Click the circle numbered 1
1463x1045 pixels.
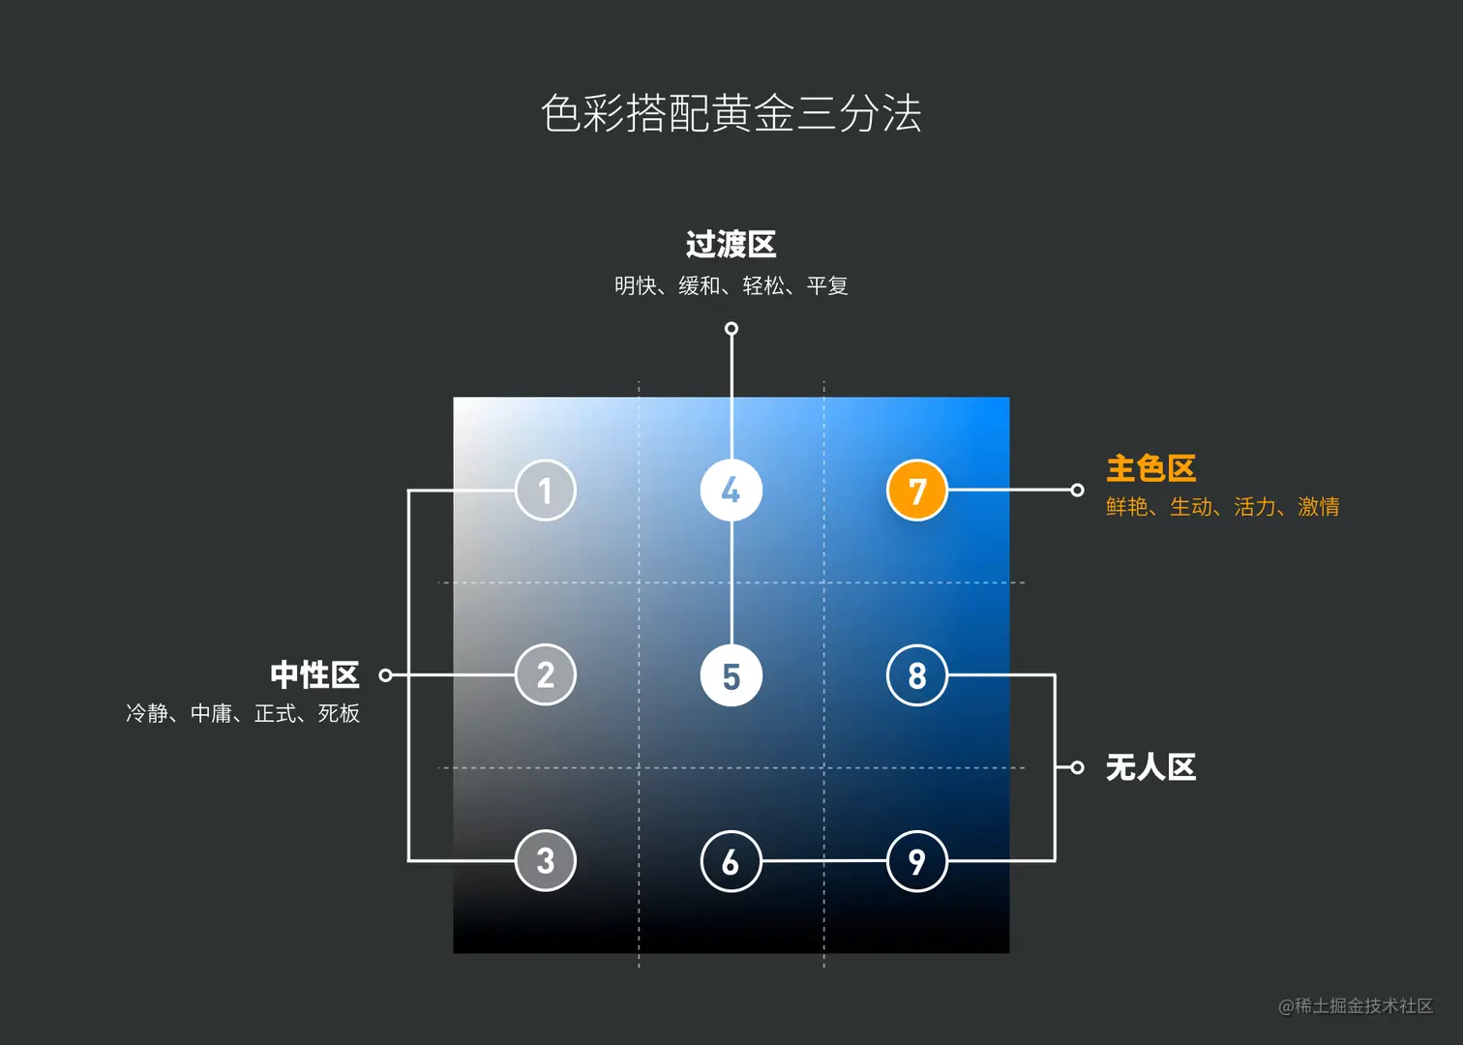tap(546, 491)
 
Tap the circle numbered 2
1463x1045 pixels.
tap(546, 674)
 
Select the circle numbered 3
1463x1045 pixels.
tap(546, 860)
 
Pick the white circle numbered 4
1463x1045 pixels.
tap(731, 491)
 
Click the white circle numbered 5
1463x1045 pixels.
tap(731, 675)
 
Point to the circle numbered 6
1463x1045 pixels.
tap(731, 860)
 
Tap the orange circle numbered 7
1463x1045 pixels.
tap(916, 491)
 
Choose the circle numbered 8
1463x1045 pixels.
tap(916, 675)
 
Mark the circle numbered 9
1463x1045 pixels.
tap(916, 860)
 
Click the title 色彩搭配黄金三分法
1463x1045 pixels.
tap(731, 113)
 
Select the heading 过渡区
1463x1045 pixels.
tap(731, 245)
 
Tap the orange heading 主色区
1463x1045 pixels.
tap(1151, 469)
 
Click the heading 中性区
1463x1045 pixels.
tap(314, 674)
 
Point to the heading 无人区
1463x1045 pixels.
tap(1151, 767)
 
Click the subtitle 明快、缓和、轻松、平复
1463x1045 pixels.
tap(731, 286)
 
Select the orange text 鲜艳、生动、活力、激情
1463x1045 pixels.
tap(1223, 507)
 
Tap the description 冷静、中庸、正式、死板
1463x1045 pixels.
tap(243, 714)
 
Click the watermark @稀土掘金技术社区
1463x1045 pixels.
tap(1356, 1006)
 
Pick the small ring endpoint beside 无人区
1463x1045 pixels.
tap(1077, 767)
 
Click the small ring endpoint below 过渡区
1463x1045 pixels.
tap(731, 329)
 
